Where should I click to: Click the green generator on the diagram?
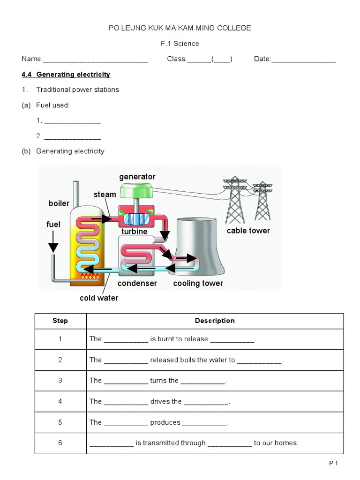[x=137, y=191]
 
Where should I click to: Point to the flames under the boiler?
[x=90, y=277]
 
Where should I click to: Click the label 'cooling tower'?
[x=198, y=283]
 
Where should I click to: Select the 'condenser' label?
[x=137, y=283]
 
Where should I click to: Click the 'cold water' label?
[x=99, y=298]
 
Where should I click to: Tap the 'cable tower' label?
[x=248, y=231]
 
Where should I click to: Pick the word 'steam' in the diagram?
[x=105, y=195]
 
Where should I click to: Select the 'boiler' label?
[x=59, y=203]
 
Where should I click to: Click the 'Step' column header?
[x=60, y=321]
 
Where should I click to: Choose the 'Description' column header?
[x=215, y=321]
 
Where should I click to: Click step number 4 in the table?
[x=60, y=401]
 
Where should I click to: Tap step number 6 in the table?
[x=60, y=443]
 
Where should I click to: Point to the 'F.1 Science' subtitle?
[x=180, y=44]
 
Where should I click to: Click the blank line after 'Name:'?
[x=95, y=60]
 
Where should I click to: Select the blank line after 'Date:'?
[x=304, y=60]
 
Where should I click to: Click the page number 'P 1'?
[x=333, y=464]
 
